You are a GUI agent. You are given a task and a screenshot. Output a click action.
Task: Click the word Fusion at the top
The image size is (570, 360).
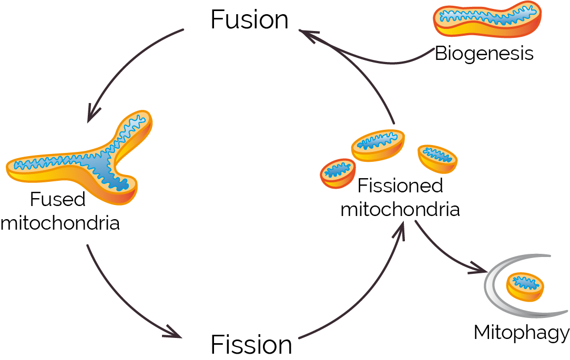coord(249,20)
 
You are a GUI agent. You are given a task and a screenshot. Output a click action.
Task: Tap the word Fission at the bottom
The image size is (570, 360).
coord(251,345)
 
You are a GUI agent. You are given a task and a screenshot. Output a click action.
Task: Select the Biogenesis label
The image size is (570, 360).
coord(484,54)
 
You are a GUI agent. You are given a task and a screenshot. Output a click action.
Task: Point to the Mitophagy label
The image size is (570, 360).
coord(521,333)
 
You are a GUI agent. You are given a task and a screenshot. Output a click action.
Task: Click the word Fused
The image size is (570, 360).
coord(57,200)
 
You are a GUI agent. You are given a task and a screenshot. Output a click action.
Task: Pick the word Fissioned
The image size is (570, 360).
coord(400,186)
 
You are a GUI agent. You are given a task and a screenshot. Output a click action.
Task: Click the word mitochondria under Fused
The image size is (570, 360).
coord(60,223)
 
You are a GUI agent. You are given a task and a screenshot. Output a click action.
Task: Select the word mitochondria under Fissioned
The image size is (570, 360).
coord(400,209)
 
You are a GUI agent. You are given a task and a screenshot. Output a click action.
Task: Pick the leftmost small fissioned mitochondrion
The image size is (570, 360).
coord(336,171)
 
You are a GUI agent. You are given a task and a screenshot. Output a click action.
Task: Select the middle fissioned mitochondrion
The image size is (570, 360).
coord(379,145)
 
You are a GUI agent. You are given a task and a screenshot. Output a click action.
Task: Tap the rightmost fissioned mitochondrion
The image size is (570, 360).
coord(437,157)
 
